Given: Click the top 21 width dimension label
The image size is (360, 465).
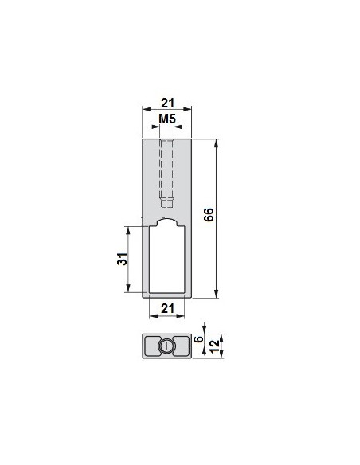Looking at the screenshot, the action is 167,104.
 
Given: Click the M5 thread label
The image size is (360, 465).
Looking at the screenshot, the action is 167,119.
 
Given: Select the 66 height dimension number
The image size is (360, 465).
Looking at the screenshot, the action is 209,214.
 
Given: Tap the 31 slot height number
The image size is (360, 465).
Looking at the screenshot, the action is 122,259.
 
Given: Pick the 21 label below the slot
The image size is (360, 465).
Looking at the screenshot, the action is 167,309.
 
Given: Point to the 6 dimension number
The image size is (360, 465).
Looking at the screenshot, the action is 199,338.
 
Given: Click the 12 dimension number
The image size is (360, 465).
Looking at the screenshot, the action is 214,346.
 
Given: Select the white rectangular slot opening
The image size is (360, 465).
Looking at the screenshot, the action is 167,260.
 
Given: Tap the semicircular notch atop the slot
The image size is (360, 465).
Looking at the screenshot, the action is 167,220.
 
